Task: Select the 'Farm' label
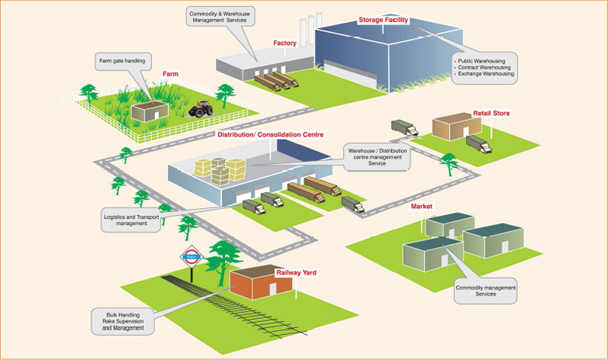[169, 74]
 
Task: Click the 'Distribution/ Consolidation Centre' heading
[271, 134]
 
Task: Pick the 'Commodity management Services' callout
[485, 291]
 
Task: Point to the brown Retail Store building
[453, 126]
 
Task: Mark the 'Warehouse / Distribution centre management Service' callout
[378, 156]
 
